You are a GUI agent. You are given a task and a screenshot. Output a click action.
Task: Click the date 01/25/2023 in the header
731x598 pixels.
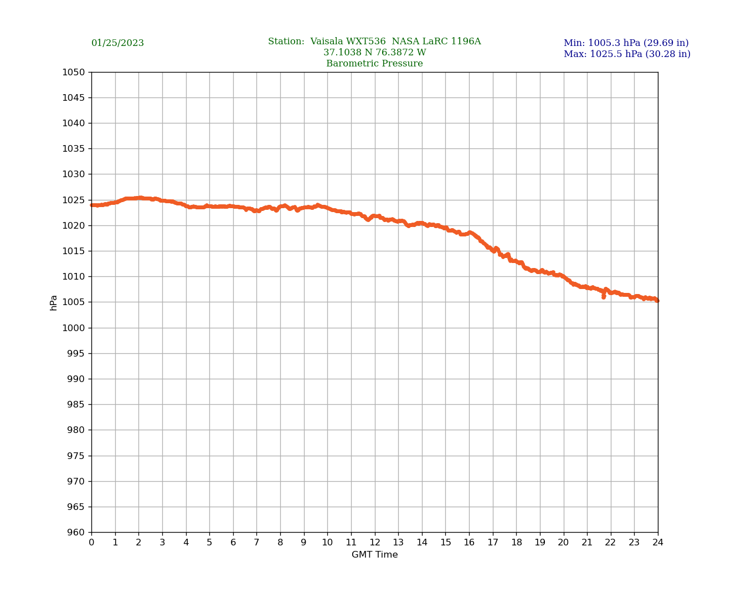(x=117, y=43)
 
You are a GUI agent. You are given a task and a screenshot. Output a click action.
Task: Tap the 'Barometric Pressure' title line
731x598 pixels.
(x=374, y=64)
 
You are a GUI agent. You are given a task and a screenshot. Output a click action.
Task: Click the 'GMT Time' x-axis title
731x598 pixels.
(x=374, y=555)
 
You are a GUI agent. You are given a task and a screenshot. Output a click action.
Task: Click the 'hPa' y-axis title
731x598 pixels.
(x=54, y=302)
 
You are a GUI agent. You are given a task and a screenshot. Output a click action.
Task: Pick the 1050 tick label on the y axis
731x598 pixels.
(x=74, y=72)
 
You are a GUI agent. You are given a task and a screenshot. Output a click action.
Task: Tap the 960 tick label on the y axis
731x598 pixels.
(x=76, y=533)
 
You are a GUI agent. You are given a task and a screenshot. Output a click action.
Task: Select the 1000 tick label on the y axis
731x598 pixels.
(x=74, y=328)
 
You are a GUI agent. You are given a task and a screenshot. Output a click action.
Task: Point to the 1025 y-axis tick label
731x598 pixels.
(x=74, y=200)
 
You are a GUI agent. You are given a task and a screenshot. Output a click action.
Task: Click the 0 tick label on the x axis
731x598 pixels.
(x=91, y=543)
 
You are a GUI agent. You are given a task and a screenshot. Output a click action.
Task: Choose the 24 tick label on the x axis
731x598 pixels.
(x=658, y=543)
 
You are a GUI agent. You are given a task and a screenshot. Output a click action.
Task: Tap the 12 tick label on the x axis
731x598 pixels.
(x=375, y=543)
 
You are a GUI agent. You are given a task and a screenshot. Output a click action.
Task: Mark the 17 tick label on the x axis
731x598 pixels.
(x=493, y=543)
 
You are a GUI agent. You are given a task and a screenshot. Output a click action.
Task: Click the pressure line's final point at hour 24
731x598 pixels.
(x=657, y=301)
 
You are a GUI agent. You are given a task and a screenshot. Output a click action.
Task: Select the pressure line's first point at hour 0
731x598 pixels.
(x=92, y=205)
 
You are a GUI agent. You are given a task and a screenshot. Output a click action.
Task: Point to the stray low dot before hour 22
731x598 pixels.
(x=604, y=297)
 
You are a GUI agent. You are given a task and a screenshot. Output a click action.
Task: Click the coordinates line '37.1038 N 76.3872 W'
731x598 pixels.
(x=374, y=53)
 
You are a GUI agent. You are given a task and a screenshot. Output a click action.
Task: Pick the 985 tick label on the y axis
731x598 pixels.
(x=76, y=405)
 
